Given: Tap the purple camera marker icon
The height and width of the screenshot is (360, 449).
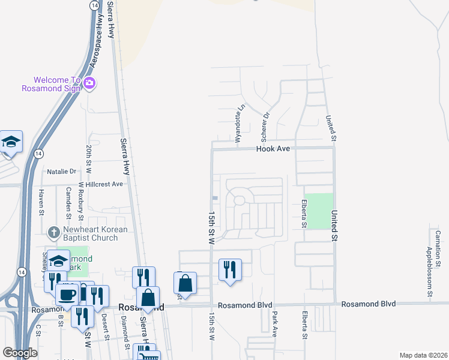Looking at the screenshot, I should pos(89,83).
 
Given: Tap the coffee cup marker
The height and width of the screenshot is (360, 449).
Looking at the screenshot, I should pos(66,294).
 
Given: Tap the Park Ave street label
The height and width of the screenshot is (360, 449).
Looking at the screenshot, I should pos(274,324).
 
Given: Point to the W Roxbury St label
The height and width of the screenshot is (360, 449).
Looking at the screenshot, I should pos(80,199).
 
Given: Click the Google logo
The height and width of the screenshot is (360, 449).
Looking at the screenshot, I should pos(20,353).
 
